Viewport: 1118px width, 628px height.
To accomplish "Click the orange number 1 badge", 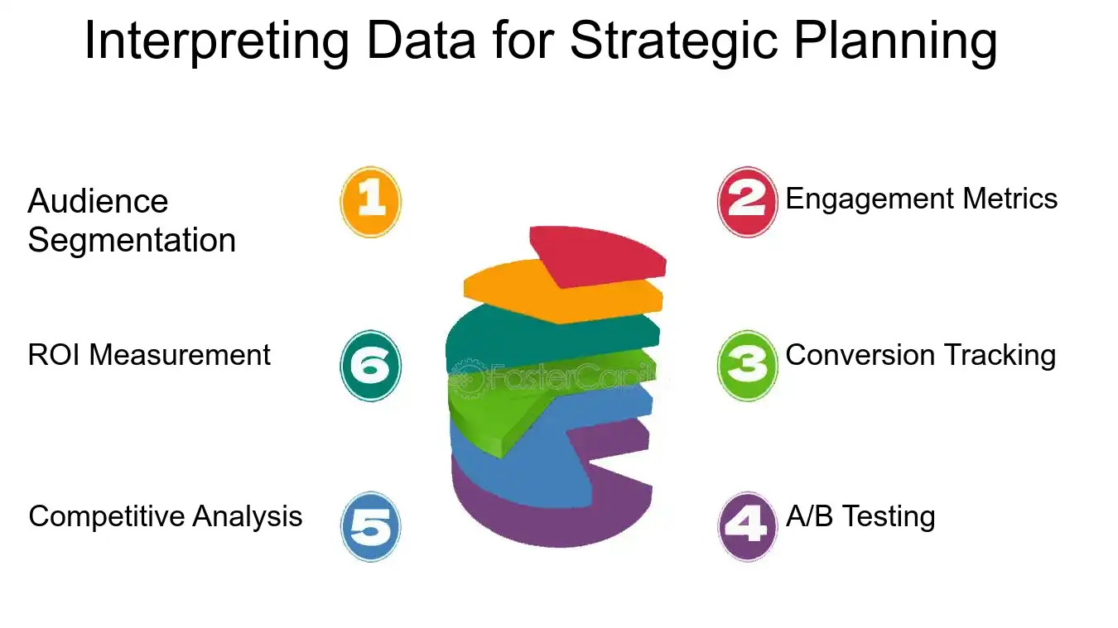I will tap(370, 202).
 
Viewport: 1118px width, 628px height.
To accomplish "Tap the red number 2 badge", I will tap(747, 202).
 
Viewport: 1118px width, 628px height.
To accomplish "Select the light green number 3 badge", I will tap(747, 366).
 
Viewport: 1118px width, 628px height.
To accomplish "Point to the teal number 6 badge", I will tap(370, 366).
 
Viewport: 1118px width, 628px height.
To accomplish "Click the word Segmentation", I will tap(132, 241).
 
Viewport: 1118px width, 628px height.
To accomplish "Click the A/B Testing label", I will tap(860, 516).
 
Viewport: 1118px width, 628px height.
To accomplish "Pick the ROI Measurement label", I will tap(149, 355).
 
